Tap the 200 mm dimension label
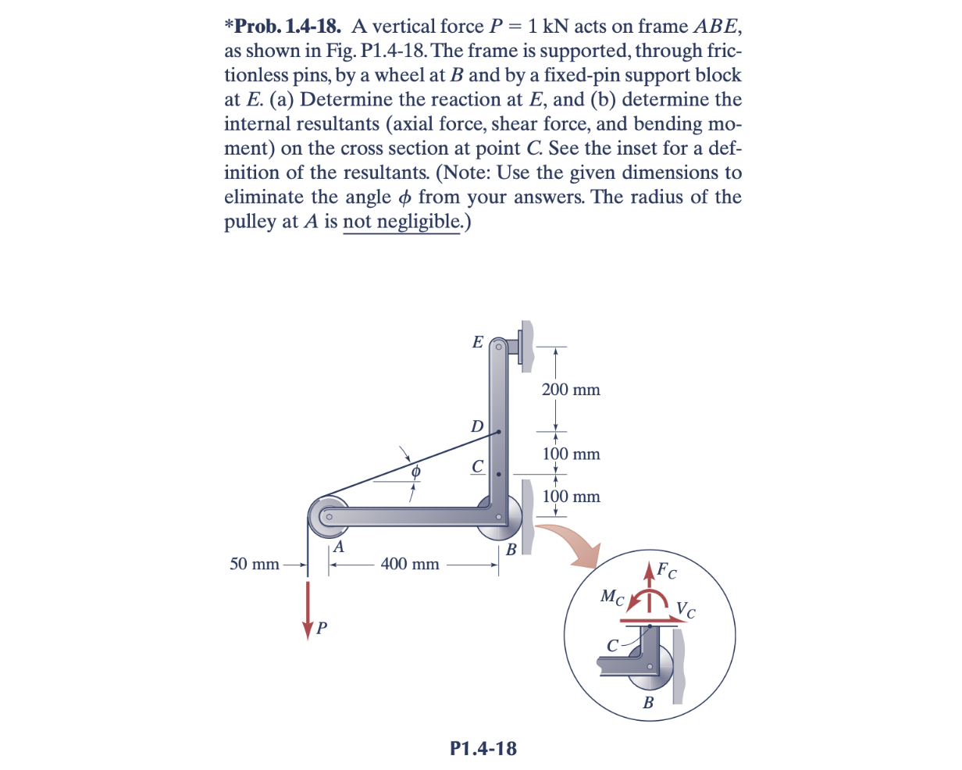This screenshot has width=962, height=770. click(x=571, y=390)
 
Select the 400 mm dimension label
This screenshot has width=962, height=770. click(x=410, y=564)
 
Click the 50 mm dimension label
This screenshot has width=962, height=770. click(x=255, y=564)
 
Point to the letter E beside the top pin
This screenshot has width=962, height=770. click(x=479, y=341)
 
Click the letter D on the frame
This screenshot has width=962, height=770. click(x=476, y=426)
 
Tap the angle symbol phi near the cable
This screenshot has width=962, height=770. click(x=416, y=472)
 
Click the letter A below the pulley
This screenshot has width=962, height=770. click(x=338, y=547)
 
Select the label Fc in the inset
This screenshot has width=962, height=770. click(x=666, y=571)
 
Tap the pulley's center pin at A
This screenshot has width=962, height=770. click(x=330, y=516)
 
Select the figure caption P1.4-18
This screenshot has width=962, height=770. click(x=483, y=748)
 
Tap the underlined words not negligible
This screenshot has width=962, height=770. click(x=402, y=222)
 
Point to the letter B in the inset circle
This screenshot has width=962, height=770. click(x=648, y=703)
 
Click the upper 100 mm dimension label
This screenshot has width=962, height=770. click(x=571, y=454)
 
